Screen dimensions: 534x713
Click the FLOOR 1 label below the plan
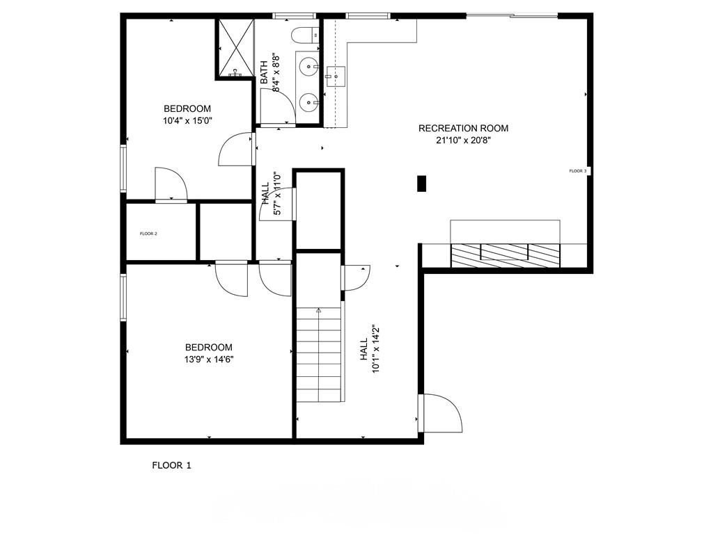point(171,465)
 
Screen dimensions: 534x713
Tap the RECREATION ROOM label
point(463,128)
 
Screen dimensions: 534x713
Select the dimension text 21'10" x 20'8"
point(463,140)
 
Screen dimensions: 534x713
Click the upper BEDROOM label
point(187,108)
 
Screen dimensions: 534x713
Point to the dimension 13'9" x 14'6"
point(208,359)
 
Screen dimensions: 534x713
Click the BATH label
point(265,73)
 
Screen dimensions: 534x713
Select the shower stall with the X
point(235,47)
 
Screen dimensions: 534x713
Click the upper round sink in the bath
point(308,66)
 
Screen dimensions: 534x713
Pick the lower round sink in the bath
point(308,103)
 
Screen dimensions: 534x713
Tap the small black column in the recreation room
point(421,183)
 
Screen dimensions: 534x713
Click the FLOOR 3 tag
point(578,171)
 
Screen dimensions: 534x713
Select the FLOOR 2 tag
point(148,234)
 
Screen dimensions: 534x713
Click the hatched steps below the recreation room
point(504,255)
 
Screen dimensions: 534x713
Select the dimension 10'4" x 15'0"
point(187,120)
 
